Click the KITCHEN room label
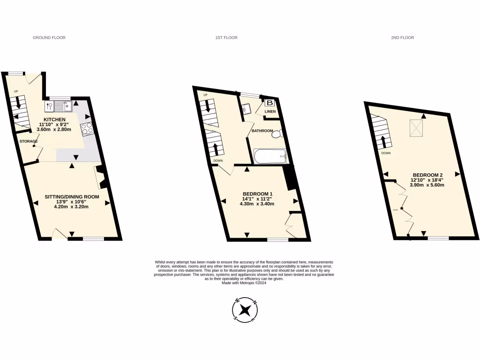pos(55,120)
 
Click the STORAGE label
pos(29,141)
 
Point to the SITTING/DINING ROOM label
pos(72,197)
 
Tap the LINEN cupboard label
pos(270,112)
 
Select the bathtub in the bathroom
pos(270,156)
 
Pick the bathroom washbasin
pos(247,110)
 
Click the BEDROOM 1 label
pos(257,194)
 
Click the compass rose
pos(245,310)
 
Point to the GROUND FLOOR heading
pos(49,37)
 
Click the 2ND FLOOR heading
pos(402,37)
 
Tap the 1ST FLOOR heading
pos(223,37)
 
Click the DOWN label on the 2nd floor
pos(386,153)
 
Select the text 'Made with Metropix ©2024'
pos(244,283)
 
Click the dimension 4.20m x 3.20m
pos(72,207)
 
